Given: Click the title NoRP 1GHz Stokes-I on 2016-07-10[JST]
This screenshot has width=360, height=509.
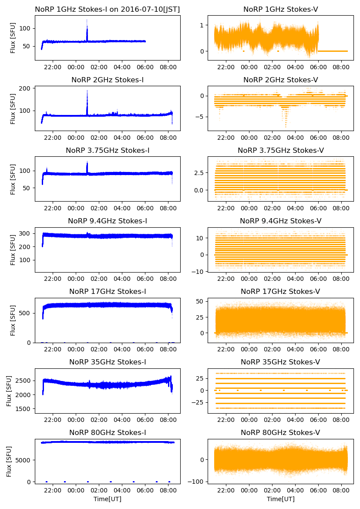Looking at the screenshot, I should pyautogui.click(x=108, y=9).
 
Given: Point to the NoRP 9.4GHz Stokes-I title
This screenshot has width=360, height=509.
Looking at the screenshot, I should pyautogui.click(x=108, y=221).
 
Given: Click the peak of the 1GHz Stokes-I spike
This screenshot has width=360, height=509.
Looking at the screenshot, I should pyautogui.click(x=87, y=20).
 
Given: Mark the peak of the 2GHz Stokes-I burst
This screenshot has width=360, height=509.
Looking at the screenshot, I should pyautogui.click(x=87, y=91).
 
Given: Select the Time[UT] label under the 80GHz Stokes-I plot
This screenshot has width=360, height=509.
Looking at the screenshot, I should pyautogui.click(x=108, y=499).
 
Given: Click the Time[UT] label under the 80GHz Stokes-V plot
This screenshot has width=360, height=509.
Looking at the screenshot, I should pyautogui.click(x=280, y=499).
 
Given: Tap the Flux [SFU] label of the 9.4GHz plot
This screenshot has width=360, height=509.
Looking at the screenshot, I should pyautogui.click(x=13, y=249).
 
